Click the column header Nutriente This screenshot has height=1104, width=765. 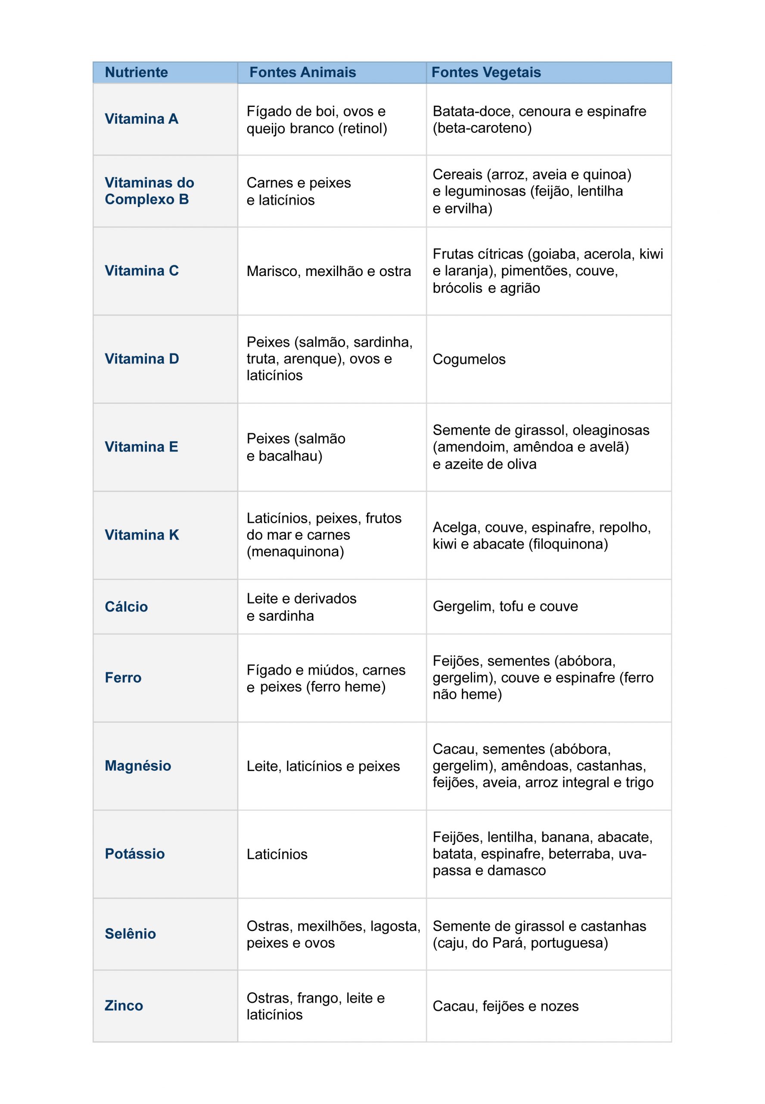pos(136,72)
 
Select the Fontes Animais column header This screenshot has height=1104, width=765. pos(302,72)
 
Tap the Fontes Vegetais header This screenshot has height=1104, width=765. pos(486,72)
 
